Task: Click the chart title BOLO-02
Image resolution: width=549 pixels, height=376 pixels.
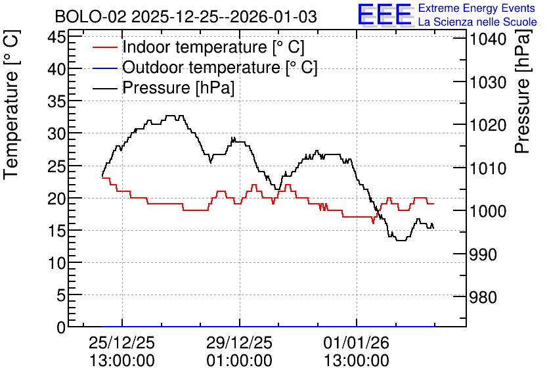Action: [91, 17]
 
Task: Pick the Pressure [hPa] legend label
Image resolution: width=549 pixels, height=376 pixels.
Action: [178, 87]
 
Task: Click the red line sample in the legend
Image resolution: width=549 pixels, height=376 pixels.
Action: [104, 47]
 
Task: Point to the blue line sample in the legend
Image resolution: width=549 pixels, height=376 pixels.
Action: [104, 68]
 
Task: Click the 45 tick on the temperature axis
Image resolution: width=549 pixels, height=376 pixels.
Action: [56, 36]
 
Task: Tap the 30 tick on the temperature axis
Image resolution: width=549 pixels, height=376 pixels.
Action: [56, 133]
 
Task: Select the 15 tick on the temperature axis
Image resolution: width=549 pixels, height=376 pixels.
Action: [56, 230]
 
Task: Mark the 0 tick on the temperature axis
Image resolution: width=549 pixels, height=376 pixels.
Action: [61, 327]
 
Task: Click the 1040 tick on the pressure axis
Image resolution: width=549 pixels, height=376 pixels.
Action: [488, 39]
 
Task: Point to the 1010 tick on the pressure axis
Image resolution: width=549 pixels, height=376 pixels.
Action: [488, 168]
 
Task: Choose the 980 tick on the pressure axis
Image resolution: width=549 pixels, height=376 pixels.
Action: [483, 298]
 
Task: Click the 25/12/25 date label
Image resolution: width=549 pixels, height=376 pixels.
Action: [122, 342]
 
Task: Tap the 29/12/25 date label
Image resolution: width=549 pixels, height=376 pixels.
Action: [239, 342]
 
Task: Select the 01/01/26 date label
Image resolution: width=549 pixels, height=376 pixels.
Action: [357, 342]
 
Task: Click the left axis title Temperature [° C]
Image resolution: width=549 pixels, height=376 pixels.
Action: [11, 105]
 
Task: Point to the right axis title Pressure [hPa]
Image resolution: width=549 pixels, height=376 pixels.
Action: [523, 91]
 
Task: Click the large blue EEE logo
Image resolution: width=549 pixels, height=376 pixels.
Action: [385, 14]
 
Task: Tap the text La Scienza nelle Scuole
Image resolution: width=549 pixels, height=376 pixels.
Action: [477, 22]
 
